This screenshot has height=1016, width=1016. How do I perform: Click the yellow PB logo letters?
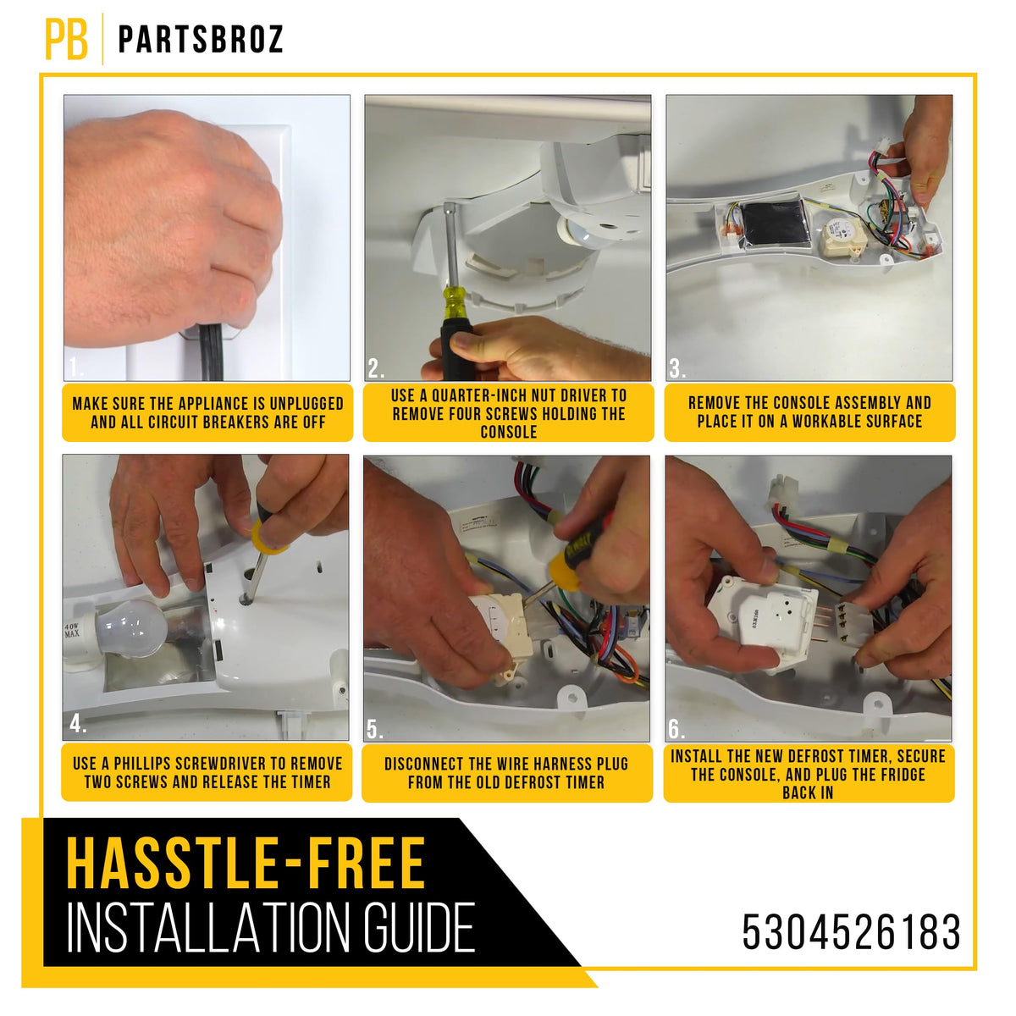click(66, 40)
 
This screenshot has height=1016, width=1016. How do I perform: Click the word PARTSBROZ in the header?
click(201, 39)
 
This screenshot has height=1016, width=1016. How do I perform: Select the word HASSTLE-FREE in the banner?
click(246, 863)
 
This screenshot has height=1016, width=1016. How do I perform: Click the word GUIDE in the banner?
click(420, 927)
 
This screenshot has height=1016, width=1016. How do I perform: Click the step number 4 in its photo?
click(77, 724)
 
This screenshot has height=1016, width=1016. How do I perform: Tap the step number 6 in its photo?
click(676, 730)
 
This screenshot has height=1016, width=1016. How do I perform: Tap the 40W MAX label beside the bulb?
click(72, 630)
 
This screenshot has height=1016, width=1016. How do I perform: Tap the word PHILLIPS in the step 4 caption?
click(141, 764)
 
